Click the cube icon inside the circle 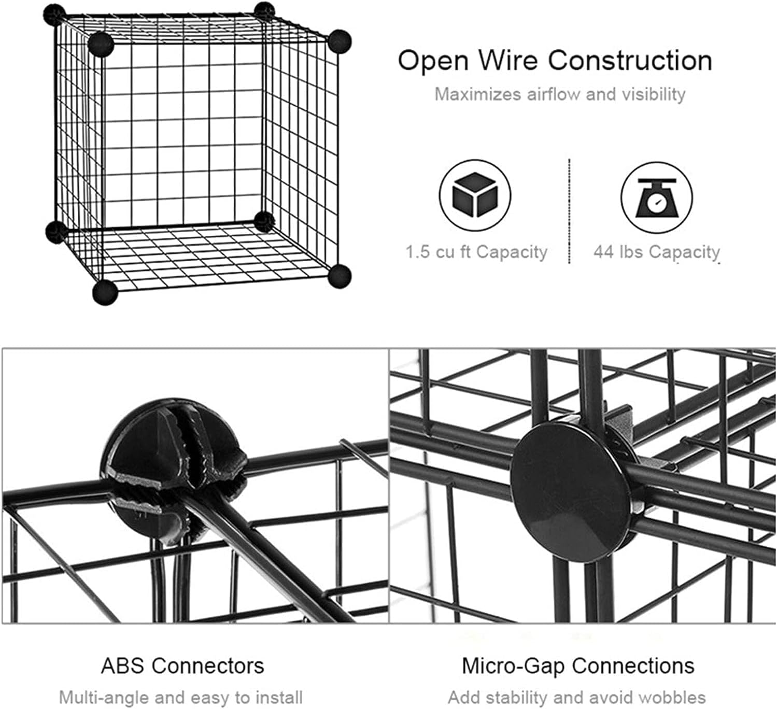click(x=475, y=195)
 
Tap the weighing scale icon click(x=657, y=195)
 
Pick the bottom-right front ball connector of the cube click(x=340, y=275)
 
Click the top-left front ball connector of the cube click(x=101, y=44)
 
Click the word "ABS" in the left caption click(x=121, y=665)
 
